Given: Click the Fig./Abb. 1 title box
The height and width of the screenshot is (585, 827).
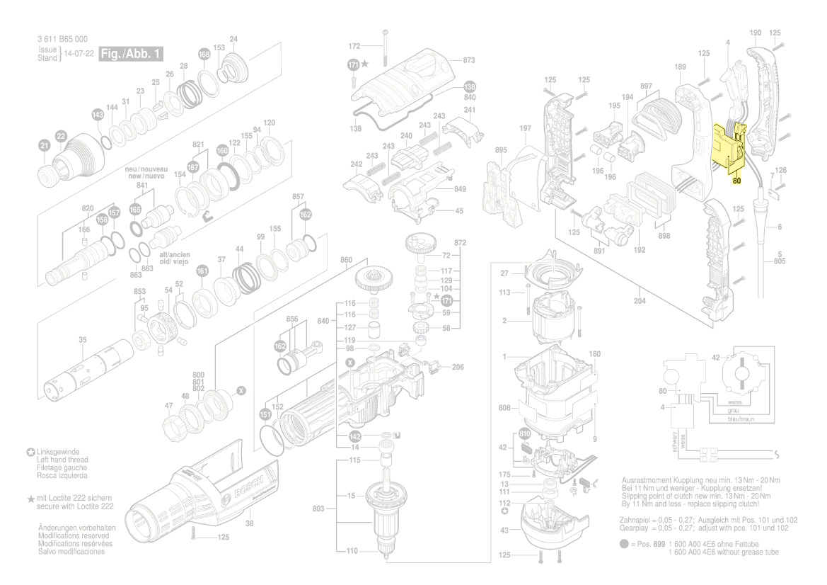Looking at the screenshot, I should coord(132,53).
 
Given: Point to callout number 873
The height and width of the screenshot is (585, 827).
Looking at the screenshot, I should coord(469,60).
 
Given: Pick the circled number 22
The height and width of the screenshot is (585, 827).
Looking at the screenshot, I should coord(61,135).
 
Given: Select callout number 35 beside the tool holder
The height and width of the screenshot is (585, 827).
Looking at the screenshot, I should coord(83,341).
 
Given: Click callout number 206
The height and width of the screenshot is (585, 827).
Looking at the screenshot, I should coord(458,367).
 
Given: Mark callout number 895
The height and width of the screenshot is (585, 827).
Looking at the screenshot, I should coord(501,150).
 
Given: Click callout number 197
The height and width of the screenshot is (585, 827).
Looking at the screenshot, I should coord(524,128).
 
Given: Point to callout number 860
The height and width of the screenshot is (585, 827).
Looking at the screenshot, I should coord(345,261).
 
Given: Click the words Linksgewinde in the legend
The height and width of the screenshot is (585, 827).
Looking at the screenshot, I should coord(58,451).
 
